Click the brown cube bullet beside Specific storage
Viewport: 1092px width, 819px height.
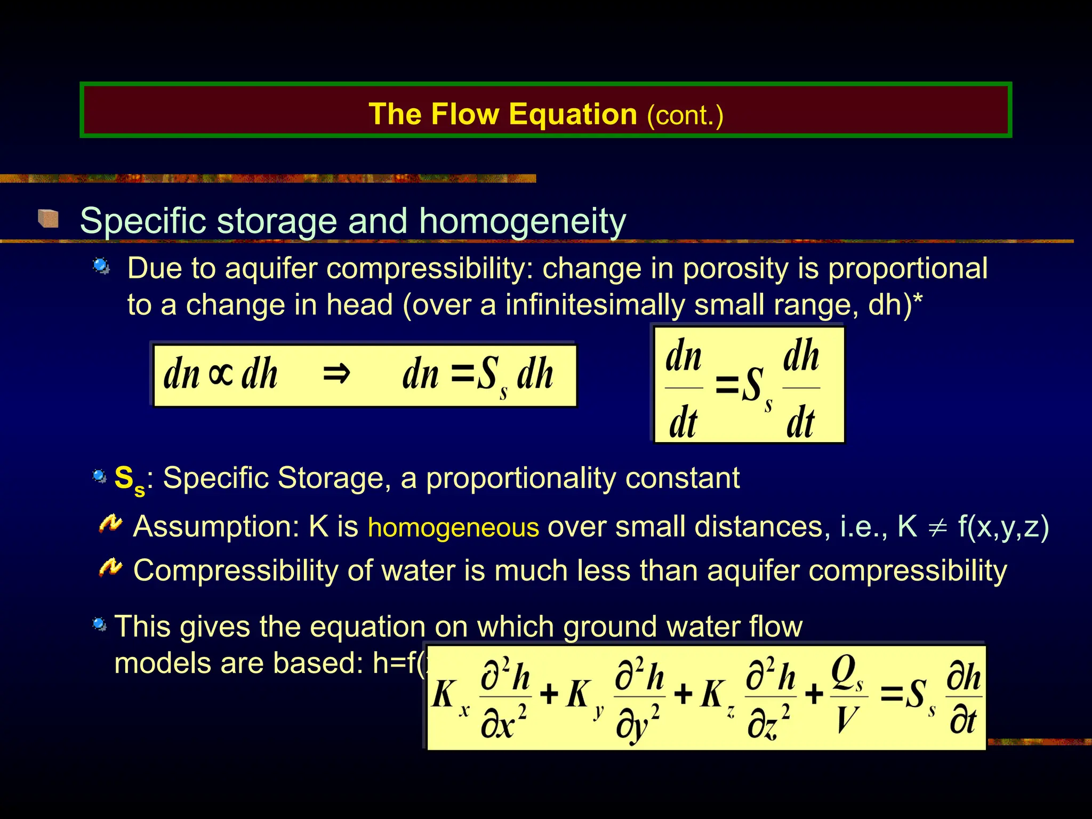click(49, 219)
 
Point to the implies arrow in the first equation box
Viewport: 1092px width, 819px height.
click(336, 374)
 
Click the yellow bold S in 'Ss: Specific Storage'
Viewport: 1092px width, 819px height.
click(124, 477)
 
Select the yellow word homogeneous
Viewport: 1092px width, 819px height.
click(453, 527)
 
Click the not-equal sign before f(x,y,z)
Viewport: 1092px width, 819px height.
click(937, 527)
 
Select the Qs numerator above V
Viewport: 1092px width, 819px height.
click(846, 673)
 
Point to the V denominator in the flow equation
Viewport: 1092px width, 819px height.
click(846, 720)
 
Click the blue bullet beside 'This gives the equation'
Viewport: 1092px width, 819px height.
click(99, 623)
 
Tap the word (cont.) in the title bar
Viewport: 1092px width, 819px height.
click(685, 115)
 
